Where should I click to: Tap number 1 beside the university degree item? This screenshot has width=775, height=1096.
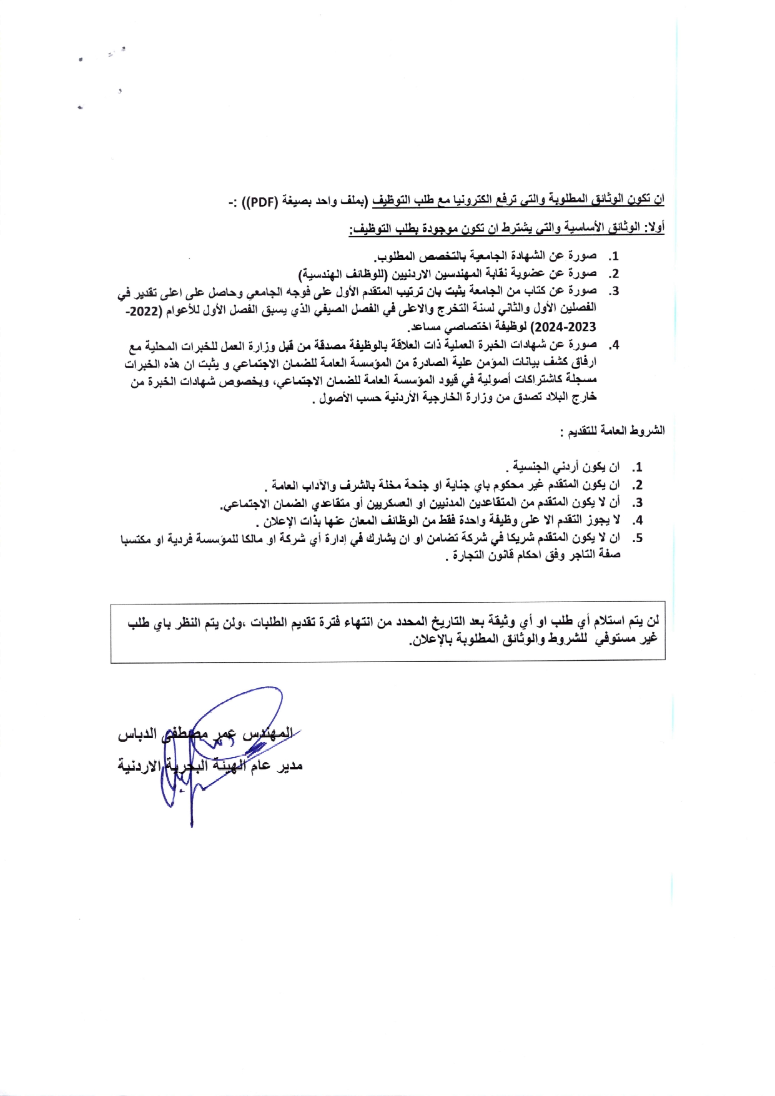pos(615,256)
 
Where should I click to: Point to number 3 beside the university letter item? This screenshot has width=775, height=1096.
pos(615,291)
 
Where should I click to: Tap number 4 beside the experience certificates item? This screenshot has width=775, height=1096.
pos(615,345)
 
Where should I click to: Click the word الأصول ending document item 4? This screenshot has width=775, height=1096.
pos(335,398)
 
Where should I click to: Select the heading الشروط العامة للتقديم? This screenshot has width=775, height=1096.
pos(613,431)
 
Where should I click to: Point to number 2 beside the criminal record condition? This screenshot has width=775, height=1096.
pos(637,485)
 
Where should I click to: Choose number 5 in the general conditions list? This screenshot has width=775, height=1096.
pos(637,538)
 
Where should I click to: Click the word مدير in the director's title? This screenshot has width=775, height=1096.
pos(289,766)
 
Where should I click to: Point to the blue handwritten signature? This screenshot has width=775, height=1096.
pos(212,749)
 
